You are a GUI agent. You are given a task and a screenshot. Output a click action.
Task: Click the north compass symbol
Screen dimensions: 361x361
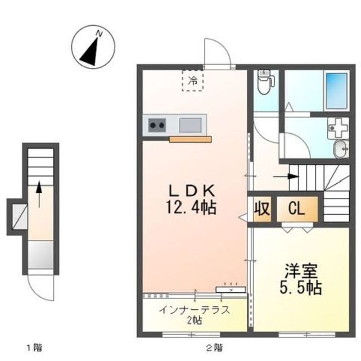[93, 47]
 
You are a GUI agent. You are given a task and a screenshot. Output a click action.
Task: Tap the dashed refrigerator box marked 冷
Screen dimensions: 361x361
[193, 81]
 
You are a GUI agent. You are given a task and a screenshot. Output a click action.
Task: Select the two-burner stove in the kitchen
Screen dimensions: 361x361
[157, 125]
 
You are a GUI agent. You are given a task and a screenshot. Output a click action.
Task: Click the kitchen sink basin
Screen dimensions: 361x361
[190, 125]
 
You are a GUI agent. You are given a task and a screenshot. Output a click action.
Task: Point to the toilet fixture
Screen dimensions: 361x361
[265, 82]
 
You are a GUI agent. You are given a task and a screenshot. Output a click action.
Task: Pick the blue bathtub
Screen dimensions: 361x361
[337, 91]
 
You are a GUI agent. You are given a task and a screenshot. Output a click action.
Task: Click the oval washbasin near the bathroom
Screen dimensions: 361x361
[341, 149]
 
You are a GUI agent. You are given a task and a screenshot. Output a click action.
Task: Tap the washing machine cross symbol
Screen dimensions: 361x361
[338, 128]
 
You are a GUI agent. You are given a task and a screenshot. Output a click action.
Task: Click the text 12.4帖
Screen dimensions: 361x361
[191, 207]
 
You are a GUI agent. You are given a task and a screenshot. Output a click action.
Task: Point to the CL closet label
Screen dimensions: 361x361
[297, 209]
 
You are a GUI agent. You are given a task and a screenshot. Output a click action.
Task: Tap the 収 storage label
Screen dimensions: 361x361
[262, 209]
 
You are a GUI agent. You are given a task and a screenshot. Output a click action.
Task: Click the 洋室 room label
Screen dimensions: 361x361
[301, 271]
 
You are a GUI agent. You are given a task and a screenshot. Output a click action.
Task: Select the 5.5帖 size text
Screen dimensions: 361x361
[301, 288]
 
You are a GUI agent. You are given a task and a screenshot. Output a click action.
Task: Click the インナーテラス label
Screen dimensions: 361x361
[195, 310]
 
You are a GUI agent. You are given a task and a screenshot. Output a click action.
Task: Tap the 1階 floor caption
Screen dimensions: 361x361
[35, 347]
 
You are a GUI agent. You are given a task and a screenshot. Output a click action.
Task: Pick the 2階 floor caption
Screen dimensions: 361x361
[215, 347]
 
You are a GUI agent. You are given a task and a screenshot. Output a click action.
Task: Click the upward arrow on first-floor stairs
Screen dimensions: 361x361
[39, 194]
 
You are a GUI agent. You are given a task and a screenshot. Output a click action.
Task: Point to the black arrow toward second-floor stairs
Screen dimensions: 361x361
[286, 177]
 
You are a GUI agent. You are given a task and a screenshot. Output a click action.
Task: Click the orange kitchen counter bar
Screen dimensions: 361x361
[191, 139]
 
